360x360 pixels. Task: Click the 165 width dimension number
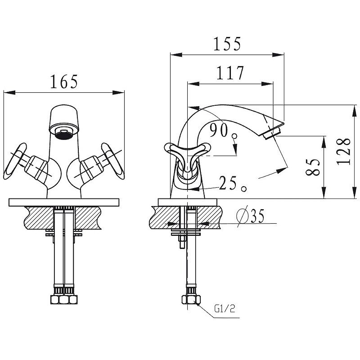click(64, 82)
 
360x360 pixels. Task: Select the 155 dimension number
click(227, 44)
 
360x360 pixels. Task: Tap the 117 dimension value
click(230, 73)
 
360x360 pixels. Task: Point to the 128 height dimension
click(344, 152)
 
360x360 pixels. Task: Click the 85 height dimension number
click(313, 167)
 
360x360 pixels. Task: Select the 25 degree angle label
click(232, 184)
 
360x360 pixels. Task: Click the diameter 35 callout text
click(251, 216)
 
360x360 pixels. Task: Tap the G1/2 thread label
click(225, 309)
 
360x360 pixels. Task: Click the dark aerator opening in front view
click(64, 135)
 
